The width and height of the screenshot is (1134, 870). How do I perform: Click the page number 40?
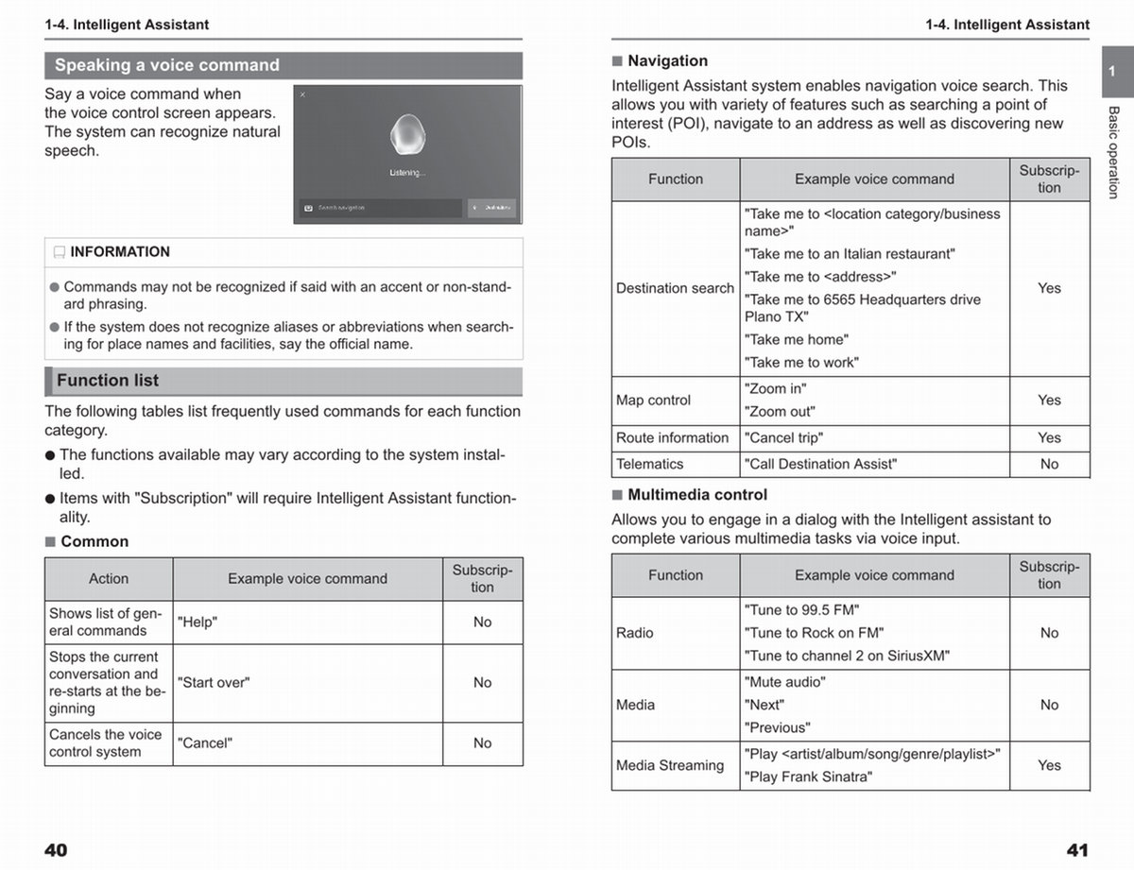[56, 850]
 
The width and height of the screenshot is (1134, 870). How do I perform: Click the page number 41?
[1077, 850]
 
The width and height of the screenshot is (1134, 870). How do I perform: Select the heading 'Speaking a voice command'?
[167, 65]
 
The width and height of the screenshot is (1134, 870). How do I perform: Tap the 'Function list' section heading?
[108, 381]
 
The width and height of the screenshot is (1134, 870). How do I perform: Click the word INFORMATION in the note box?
[120, 252]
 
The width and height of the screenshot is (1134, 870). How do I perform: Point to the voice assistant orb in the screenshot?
[407, 137]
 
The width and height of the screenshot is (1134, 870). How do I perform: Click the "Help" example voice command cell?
[198, 623]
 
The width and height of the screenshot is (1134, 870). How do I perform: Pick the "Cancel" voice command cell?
[204, 743]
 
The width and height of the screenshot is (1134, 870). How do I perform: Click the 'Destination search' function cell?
[675, 288]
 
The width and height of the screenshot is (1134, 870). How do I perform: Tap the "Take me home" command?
[797, 340]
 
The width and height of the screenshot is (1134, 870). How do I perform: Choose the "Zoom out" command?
[780, 412]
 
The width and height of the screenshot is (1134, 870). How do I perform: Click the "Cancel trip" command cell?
[783, 438]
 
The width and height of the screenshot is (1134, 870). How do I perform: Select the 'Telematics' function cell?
[649, 465]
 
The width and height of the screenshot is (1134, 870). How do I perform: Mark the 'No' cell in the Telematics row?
[1049, 465]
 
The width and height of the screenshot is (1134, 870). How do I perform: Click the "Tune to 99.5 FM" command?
[802, 610]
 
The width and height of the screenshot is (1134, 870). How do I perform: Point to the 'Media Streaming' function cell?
[670, 766]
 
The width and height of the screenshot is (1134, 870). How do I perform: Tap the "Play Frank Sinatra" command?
[808, 777]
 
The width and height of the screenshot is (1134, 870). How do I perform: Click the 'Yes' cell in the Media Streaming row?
[1049, 766]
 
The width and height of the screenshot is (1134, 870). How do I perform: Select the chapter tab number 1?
[1112, 72]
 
